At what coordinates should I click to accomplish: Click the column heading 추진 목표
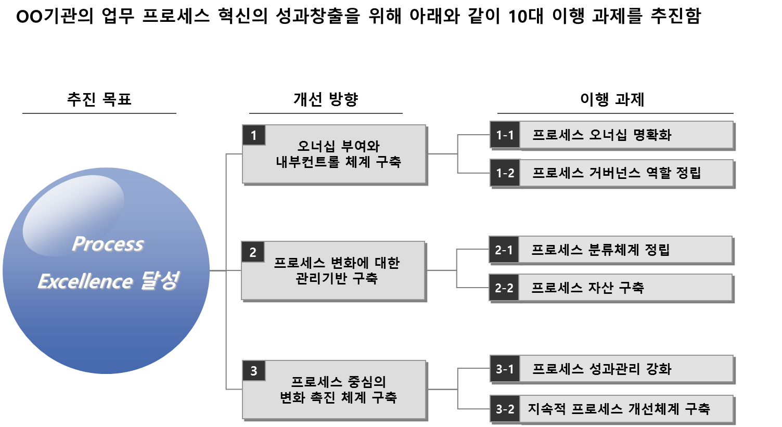[x=99, y=99]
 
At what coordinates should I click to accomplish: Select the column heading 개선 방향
[x=326, y=99]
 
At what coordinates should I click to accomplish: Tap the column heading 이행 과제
[x=612, y=99]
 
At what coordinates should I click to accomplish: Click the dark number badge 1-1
[x=505, y=135]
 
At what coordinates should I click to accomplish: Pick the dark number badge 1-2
[x=505, y=173]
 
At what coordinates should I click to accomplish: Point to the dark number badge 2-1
[x=504, y=250]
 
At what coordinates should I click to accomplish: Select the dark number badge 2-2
[x=504, y=288]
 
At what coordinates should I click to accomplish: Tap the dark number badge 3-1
[x=505, y=369]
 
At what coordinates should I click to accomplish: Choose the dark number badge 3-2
[x=505, y=409]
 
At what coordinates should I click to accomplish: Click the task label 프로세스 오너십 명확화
[x=602, y=135]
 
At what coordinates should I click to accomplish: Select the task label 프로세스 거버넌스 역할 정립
[x=617, y=173]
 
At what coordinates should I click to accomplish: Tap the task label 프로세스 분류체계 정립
[x=600, y=250]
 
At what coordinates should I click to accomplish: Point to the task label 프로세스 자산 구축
[x=587, y=288]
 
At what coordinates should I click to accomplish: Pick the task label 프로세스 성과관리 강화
[x=602, y=369]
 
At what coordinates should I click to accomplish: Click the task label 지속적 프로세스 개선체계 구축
[x=619, y=409]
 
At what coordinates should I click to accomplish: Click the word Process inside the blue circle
[x=108, y=244]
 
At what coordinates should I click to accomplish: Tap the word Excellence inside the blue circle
[x=85, y=281]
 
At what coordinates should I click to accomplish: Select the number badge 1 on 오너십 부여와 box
[x=254, y=136]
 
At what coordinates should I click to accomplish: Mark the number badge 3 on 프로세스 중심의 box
[x=254, y=371]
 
